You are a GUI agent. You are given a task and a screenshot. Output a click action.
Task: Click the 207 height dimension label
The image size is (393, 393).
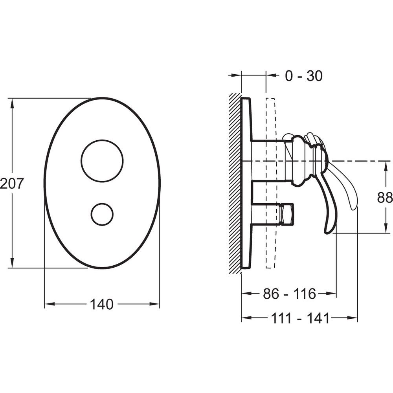[x=12, y=183]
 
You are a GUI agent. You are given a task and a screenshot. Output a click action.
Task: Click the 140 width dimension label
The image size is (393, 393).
[x=101, y=304]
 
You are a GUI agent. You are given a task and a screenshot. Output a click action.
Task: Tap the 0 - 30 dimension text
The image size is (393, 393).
[x=304, y=76]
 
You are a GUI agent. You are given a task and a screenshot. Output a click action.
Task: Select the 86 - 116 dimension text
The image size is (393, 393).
[x=290, y=294]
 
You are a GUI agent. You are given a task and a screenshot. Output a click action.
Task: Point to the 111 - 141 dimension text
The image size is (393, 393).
[x=300, y=319]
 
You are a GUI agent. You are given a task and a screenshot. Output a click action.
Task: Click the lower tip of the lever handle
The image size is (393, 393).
[x=328, y=233]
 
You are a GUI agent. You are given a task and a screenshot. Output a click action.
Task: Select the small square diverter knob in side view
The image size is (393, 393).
[x=287, y=213]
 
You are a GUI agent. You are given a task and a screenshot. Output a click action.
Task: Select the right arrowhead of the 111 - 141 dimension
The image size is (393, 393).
[x=353, y=318]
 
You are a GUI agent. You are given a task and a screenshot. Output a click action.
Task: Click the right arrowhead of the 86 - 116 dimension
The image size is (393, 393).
[x=331, y=293]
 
